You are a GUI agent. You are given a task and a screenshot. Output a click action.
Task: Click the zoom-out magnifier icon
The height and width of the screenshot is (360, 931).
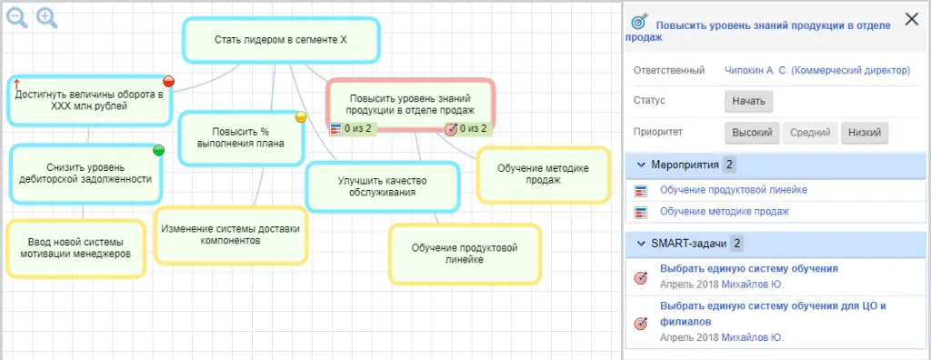click(x=16, y=17)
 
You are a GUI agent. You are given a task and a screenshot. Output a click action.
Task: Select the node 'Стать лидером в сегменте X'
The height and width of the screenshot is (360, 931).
click(x=281, y=39)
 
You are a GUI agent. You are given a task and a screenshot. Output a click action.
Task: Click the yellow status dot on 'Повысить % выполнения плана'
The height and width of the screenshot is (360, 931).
click(x=301, y=116)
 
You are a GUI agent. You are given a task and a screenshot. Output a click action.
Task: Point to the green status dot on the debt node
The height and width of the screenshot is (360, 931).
click(x=158, y=150)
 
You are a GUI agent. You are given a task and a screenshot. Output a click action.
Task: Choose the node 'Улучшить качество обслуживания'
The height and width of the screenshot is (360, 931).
click(x=382, y=186)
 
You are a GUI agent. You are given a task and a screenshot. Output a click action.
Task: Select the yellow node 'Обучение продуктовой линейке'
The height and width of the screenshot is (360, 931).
click(x=464, y=253)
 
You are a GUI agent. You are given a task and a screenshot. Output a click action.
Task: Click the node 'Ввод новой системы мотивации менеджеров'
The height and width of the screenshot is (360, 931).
click(x=76, y=246)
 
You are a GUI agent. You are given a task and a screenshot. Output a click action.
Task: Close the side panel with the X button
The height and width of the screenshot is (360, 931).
click(x=909, y=17)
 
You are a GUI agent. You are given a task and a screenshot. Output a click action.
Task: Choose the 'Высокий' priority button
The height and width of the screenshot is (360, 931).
click(x=752, y=133)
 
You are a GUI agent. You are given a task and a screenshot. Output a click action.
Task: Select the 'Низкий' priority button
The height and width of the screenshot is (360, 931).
click(x=864, y=133)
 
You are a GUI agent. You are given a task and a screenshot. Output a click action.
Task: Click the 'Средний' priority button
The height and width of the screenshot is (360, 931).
click(x=809, y=133)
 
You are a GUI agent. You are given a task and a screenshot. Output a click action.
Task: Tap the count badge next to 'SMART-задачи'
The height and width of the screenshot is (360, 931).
click(x=737, y=244)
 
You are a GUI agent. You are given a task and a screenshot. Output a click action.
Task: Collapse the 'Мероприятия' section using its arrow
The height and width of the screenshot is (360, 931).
click(x=639, y=165)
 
